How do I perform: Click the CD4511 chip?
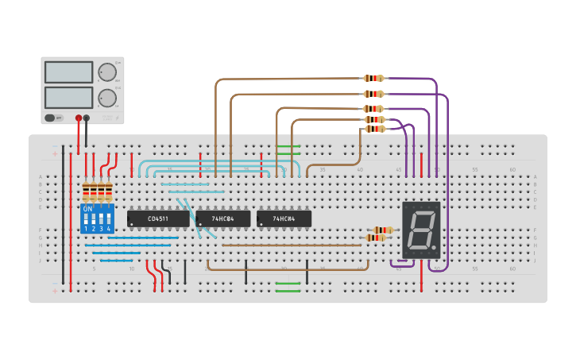[158, 219]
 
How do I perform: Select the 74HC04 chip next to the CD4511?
[223, 219]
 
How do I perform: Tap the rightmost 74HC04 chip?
[284, 219]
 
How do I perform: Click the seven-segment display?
[421, 230]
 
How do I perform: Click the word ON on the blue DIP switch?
[87, 209]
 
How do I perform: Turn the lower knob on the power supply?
[106, 99]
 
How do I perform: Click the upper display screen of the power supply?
[69, 72]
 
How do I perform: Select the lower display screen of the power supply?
[69, 98]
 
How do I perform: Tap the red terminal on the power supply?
[78, 118]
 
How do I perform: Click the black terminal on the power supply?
[87, 118]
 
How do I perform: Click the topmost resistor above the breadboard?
[373, 78]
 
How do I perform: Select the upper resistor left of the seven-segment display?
[382, 230]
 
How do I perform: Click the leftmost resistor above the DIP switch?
[86, 192]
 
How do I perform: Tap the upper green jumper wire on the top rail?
[288, 146]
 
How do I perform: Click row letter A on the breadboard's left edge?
[41, 176]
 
